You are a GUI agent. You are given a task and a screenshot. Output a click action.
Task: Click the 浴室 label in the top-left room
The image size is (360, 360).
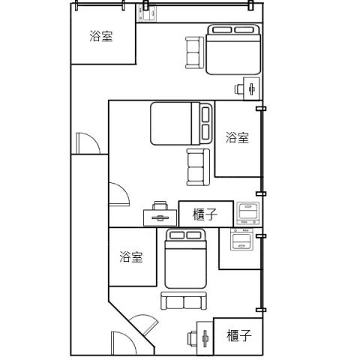[101, 36]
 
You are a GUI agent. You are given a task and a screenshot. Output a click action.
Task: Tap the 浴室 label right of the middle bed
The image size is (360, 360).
[237, 137]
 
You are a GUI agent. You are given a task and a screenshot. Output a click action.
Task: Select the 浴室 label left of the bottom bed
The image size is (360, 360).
[131, 256]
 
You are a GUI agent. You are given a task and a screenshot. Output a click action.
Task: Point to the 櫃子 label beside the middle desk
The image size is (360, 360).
[205, 214]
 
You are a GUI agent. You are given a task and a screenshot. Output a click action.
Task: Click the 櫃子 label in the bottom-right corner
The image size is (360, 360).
[239, 335]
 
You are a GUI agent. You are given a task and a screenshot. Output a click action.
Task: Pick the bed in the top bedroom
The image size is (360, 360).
[233, 49]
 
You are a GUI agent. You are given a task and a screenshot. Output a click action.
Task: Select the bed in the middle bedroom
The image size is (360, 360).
[181, 123]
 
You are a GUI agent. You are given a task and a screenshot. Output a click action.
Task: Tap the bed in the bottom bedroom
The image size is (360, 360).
[185, 259]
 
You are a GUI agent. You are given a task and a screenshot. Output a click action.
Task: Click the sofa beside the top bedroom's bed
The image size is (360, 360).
[194, 52]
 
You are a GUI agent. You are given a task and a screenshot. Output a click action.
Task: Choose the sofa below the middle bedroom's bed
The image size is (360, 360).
[198, 167]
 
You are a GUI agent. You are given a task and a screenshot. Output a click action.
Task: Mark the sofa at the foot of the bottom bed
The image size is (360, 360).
[184, 301]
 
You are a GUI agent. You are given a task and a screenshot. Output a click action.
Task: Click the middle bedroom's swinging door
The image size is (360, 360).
[119, 195]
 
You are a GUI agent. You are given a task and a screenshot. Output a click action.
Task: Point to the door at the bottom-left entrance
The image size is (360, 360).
[124, 343]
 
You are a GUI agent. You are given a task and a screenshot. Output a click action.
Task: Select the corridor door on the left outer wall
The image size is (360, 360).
[88, 143]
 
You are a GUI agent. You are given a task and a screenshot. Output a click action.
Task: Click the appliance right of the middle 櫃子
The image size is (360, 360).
[248, 213]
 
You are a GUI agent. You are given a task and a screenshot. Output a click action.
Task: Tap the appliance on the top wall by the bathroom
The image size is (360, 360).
[146, 13]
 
